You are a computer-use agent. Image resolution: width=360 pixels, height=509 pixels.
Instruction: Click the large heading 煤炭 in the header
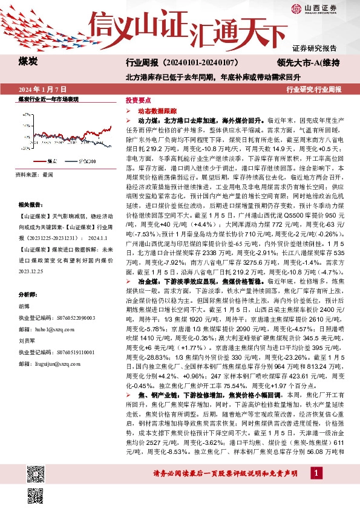[28, 62]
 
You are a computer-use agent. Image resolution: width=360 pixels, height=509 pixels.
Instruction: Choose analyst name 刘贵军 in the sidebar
[26, 341]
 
